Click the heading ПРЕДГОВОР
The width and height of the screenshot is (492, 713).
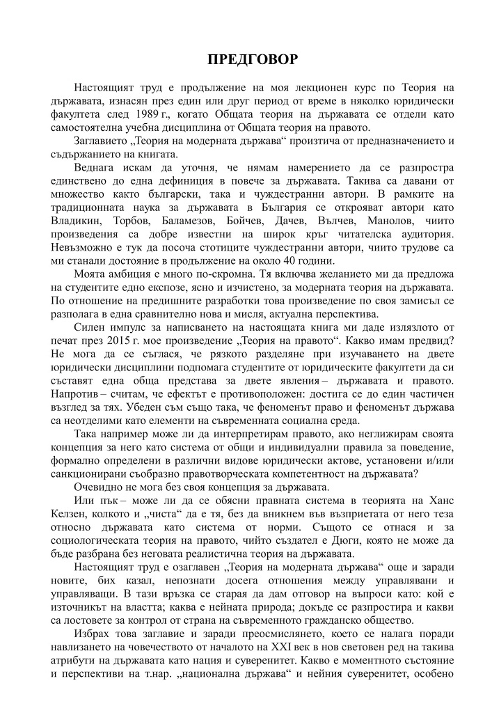(253, 58)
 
